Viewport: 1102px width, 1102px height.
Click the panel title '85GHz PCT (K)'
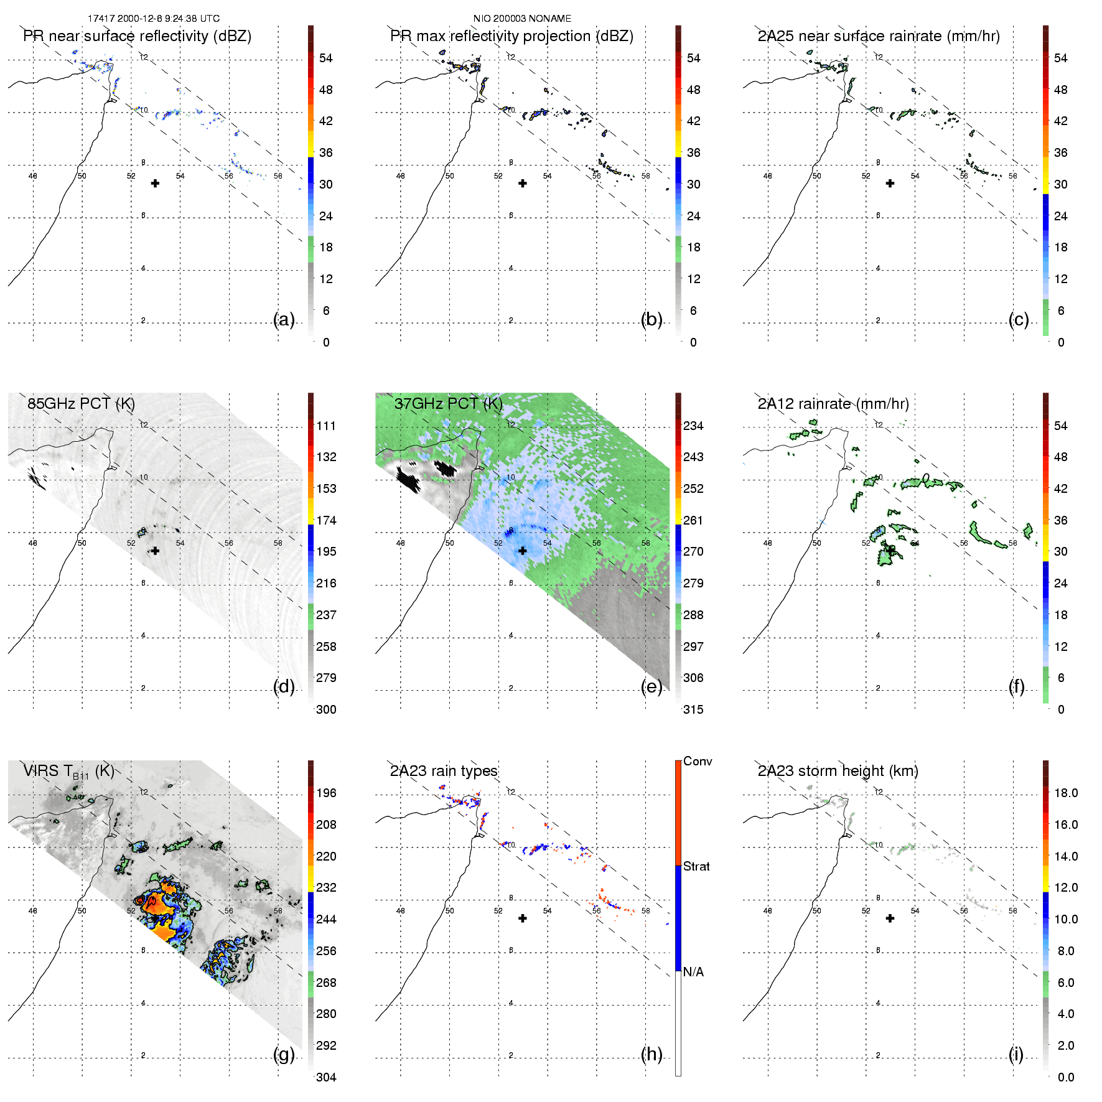tap(81, 404)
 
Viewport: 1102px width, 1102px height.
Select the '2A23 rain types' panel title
tap(444, 771)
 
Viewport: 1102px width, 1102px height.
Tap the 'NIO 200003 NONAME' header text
tap(522, 19)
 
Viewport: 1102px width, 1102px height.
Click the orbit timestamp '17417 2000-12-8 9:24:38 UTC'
tap(154, 19)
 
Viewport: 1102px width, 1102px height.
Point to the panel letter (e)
tap(651, 686)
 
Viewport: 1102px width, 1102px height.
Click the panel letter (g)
tap(284, 1054)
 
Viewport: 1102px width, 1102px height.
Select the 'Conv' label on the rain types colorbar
tap(698, 762)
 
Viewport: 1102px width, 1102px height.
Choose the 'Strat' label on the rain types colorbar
tap(696, 866)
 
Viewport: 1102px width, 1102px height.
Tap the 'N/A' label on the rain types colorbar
tap(693, 972)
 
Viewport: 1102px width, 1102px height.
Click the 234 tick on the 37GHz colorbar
tap(693, 426)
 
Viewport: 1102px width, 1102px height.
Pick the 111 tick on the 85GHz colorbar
tap(326, 426)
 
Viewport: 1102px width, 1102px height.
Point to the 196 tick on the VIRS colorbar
tap(326, 793)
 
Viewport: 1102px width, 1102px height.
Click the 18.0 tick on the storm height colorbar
tap(1066, 793)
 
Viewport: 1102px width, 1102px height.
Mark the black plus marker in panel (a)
tap(155, 183)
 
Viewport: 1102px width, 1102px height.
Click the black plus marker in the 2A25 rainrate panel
tap(890, 183)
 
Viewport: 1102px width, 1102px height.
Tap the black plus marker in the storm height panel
tap(890, 918)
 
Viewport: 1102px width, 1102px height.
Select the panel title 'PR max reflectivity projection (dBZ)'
tap(511, 36)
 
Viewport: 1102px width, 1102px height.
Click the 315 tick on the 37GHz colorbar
tap(693, 709)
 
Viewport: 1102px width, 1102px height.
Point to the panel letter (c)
tap(1018, 319)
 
